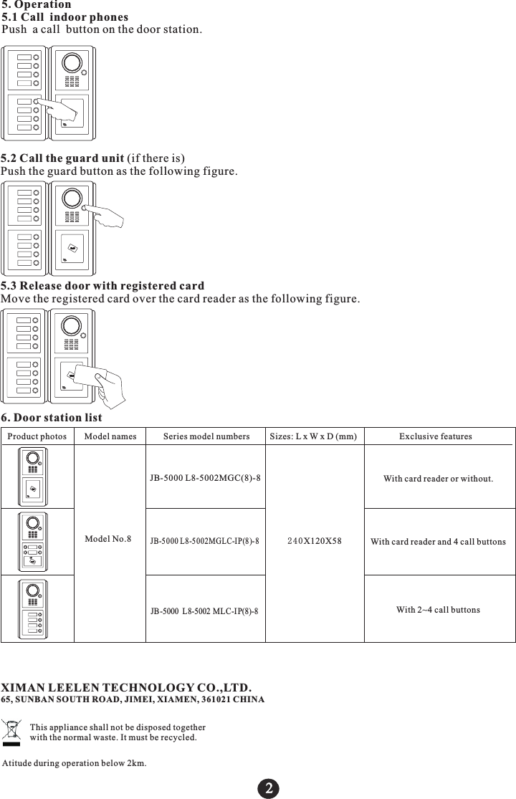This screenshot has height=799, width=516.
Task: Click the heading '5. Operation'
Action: click(37, 4)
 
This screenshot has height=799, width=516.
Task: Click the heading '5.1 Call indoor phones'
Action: click(65, 16)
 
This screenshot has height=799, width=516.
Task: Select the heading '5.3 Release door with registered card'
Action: click(102, 286)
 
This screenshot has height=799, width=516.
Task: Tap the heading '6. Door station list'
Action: click(52, 417)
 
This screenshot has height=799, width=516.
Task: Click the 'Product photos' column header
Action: click(37, 436)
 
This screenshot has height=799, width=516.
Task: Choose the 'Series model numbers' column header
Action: click(206, 436)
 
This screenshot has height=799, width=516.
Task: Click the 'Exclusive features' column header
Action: click(436, 436)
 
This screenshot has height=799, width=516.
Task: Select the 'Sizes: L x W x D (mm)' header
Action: click(314, 436)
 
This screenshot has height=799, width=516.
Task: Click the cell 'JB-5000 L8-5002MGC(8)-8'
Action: click(206, 477)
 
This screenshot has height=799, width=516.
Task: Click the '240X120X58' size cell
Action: click(315, 541)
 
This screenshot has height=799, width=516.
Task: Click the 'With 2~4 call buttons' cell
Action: click(438, 609)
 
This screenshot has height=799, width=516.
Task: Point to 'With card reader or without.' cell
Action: click(438, 478)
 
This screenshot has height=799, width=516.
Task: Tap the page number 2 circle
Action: click(268, 787)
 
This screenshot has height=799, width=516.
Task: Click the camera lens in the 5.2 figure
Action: click(71, 198)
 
